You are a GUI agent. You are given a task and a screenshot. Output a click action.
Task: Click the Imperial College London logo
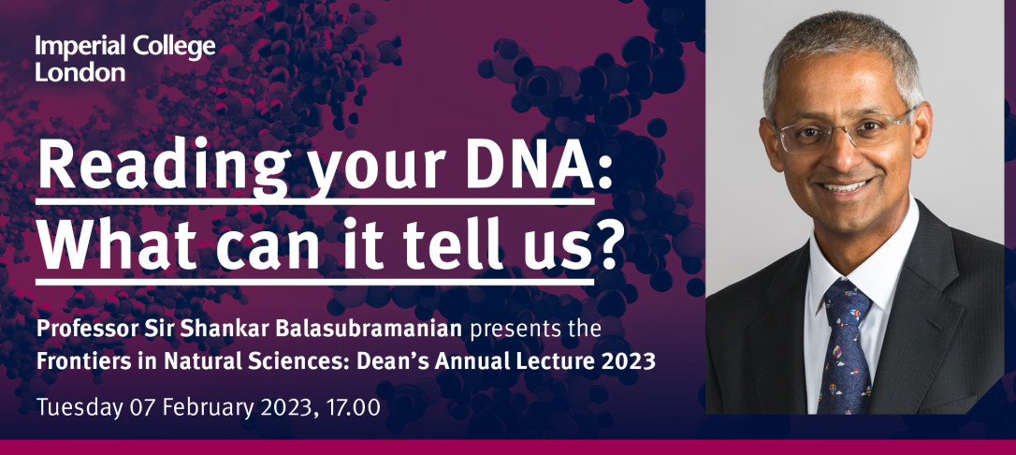pyautogui.click(x=125, y=58)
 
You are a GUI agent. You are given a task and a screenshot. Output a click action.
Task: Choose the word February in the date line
pyautogui.click(x=210, y=407)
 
